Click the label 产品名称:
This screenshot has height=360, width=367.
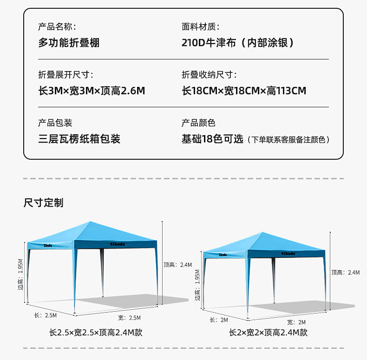(x=57, y=26)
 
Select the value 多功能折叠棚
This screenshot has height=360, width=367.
(x=69, y=43)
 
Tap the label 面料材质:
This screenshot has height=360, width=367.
(x=200, y=26)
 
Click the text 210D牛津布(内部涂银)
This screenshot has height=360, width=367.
(x=238, y=43)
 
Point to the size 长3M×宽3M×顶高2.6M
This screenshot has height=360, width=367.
(x=92, y=91)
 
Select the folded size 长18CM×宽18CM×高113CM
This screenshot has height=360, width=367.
(x=244, y=91)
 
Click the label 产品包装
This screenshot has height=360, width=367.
(x=55, y=123)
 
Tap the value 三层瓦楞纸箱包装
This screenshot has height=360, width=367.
(x=79, y=139)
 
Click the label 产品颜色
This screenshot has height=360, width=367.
(x=198, y=123)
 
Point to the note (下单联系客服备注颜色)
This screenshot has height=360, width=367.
(x=288, y=139)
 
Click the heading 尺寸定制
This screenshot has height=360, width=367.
(x=43, y=203)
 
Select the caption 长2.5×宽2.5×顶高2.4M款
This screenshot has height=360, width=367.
(x=96, y=333)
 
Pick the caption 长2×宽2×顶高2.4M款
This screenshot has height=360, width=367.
(x=268, y=333)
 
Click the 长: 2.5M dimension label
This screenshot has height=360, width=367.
(x=46, y=315)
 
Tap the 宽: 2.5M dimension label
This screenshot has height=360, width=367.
(x=129, y=318)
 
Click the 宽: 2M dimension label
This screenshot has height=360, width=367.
(x=296, y=322)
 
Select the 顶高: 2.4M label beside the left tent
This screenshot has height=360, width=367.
(x=178, y=265)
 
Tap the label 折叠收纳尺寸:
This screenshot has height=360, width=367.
(x=209, y=75)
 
